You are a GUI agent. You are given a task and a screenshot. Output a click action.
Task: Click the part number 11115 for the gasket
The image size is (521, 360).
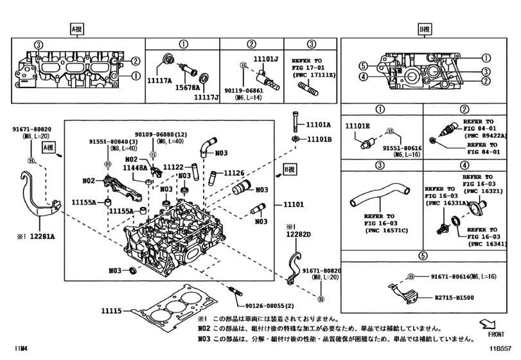click(110, 310)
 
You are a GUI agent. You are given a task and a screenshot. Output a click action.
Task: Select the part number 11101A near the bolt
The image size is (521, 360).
click(318, 125)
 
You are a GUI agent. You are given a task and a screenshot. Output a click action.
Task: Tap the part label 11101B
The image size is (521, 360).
click(318, 139)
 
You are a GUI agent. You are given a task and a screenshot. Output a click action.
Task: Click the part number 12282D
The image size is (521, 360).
click(299, 236)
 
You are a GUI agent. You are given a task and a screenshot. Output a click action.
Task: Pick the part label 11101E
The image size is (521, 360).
click(358, 125)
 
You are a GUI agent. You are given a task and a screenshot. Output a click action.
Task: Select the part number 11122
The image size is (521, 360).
click(173, 166)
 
